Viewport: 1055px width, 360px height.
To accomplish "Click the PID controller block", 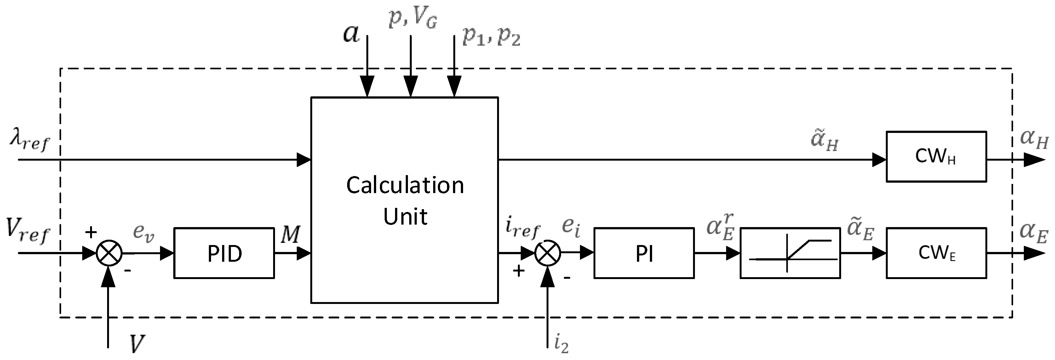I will click(x=224, y=253).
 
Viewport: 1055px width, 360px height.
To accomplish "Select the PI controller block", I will click(x=644, y=253).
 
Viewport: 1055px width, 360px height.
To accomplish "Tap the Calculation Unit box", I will click(x=404, y=200).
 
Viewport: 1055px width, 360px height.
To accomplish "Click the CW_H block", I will click(x=936, y=157).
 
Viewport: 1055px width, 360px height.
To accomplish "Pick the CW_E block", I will click(x=936, y=253).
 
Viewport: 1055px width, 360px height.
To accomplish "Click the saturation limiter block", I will click(x=790, y=253).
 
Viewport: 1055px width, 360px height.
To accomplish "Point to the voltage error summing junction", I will click(x=109, y=253).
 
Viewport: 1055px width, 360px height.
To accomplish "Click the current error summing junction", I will click(x=548, y=253).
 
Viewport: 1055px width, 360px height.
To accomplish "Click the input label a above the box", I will click(x=351, y=33).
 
